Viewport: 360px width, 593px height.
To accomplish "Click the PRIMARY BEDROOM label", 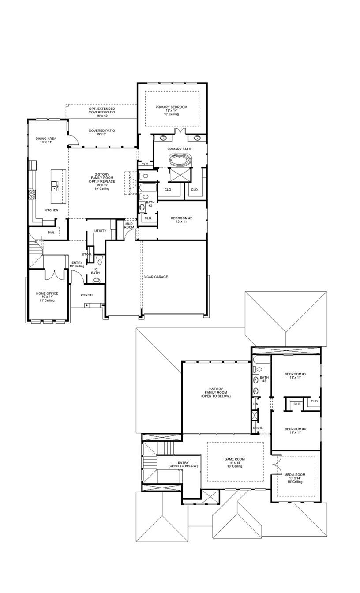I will (x=171, y=107).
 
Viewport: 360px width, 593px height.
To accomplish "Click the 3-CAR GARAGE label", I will (x=156, y=277).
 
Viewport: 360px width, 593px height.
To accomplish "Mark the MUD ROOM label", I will (x=129, y=225).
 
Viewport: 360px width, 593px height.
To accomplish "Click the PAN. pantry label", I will (x=51, y=233).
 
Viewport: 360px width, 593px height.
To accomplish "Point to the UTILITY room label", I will (x=100, y=231).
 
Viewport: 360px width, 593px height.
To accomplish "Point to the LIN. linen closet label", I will (x=255, y=404).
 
